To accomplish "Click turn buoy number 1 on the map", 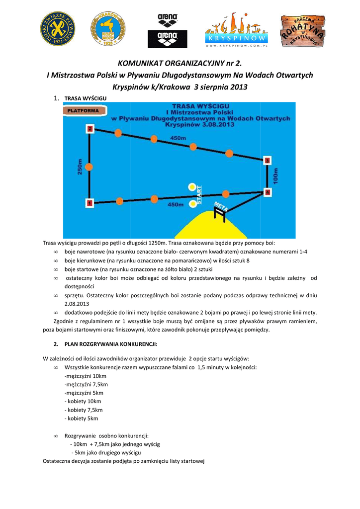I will coord(90,203).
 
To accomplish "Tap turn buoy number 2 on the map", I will coord(90,129).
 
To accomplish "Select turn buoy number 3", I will coord(268,160).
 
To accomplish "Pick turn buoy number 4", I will coord(268,192).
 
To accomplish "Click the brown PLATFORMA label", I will coord(83,110).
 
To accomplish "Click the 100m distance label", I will coord(276,176).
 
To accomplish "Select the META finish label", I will coord(220,206).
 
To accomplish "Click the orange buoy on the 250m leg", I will coord(90,167).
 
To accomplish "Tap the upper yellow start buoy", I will coord(192,187).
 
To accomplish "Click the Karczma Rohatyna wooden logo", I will coord(303,31).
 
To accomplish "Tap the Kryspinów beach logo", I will coord(237,30).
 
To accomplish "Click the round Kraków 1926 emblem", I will coord(107,29).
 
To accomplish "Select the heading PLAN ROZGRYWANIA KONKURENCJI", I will coord(105,344).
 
